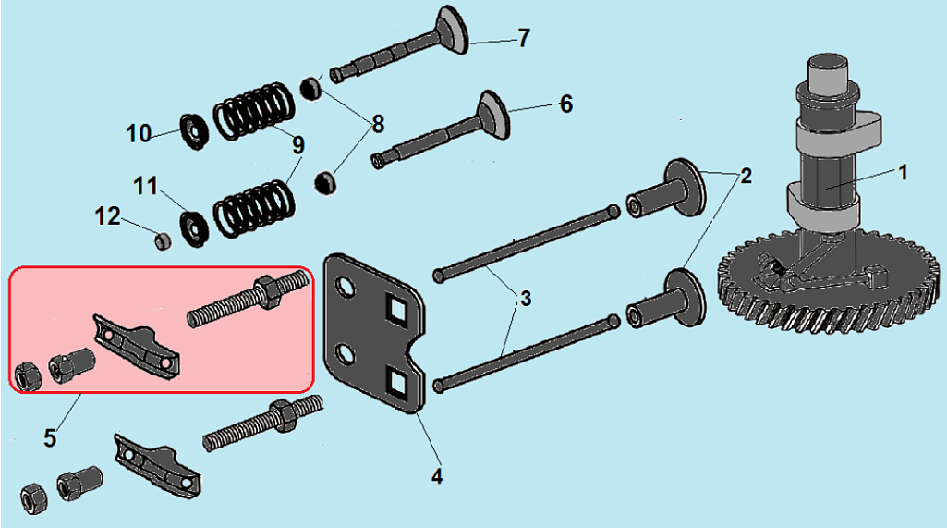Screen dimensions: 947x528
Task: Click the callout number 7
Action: [x=524, y=38]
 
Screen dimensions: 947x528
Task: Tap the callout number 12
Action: [x=107, y=216]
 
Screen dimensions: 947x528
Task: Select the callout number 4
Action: [x=437, y=476]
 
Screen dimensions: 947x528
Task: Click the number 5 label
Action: [x=50, y=437]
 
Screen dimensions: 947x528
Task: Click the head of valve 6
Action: [x=494, y=115]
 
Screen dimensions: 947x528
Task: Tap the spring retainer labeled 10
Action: [x=194, y=131]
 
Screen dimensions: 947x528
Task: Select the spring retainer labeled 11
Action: [x=194, y=228]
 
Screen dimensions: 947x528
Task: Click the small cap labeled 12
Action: [x=162, y=241]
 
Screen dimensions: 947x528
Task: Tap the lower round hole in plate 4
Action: [x=346, y=355]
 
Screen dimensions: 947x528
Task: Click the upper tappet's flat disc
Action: [x=686, y=186]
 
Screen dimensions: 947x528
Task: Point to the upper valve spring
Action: [x=254, y=111]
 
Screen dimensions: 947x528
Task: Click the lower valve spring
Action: [x=254, y=208]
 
